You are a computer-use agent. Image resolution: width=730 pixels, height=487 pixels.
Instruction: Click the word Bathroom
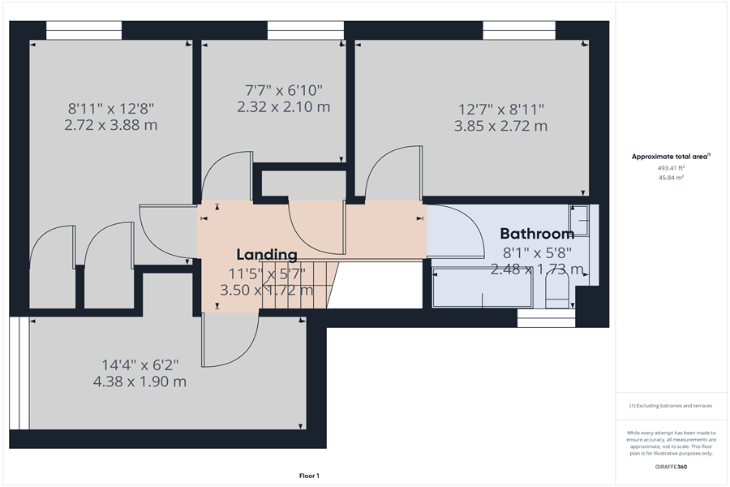[x=536, y=234]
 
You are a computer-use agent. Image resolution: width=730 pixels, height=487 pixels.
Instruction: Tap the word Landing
[x=267, y=254]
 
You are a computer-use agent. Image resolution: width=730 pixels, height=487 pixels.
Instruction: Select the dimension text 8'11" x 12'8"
[x=111, y=107]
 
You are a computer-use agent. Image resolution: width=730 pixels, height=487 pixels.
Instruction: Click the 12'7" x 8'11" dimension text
[x=500, y=109]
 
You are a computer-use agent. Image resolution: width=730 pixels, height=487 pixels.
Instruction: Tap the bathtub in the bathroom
[x=482, y=287]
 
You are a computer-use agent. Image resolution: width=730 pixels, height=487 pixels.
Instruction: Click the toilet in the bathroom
[x=557, y=293]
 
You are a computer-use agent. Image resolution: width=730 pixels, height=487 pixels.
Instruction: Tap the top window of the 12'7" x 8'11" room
[x=518, y=31]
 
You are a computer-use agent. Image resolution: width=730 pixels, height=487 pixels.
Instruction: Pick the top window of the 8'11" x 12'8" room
[x=84, y=31]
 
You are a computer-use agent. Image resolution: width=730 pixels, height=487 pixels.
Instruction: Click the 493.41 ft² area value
[x=670, y=168]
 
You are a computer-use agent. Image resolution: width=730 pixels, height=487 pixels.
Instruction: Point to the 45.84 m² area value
[x=670, y=176]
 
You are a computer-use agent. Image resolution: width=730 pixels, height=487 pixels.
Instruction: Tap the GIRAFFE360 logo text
[x=671, y=468]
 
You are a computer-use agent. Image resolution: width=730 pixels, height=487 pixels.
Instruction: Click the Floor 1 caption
[x=309, y=475]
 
